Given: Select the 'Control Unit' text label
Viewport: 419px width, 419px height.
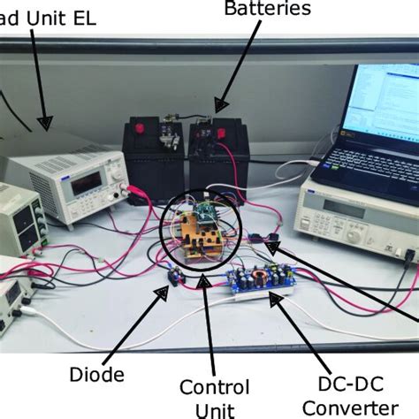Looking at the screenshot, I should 215,399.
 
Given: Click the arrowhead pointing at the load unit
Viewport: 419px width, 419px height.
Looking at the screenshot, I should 45,123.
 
